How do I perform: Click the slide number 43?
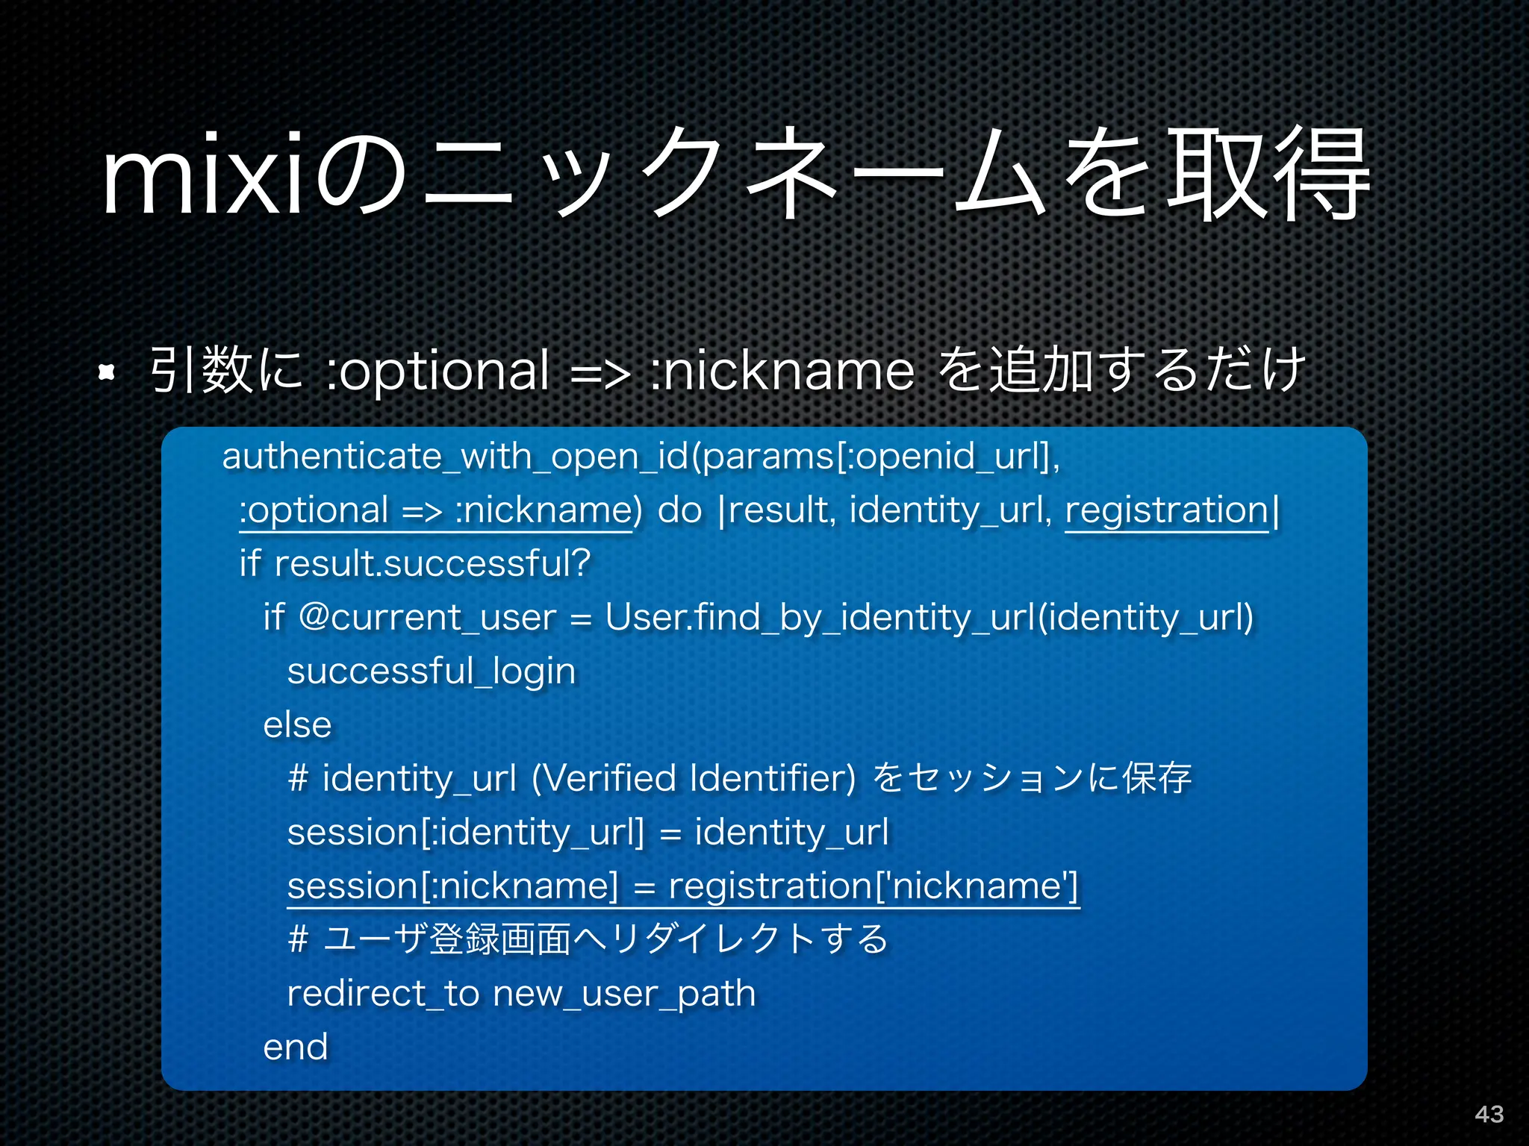coord(1489,1114)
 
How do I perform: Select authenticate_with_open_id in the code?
coord(455,456)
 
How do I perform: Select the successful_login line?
coord(432,671)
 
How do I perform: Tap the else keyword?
coord(297,725)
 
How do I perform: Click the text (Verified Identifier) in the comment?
coord(694,778)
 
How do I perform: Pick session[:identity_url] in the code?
coord(465,833)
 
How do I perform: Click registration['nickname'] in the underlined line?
coord(874,886)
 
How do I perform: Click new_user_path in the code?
coord(624,994)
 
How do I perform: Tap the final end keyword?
coord(296,1047)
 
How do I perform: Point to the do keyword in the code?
coord(679,510)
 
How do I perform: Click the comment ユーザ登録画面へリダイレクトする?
coord(606,939)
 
